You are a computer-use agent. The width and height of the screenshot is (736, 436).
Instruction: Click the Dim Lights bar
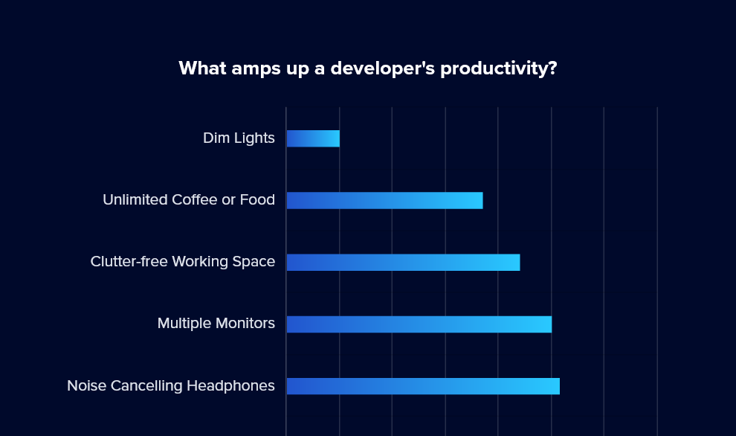[313, 138]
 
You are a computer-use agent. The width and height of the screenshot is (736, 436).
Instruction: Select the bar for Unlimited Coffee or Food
[385, 201]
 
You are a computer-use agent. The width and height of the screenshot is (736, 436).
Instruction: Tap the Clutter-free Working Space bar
[403, 263]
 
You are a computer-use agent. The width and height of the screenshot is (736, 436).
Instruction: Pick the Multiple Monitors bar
[419, 324]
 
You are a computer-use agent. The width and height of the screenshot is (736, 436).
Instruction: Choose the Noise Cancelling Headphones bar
[424, 386]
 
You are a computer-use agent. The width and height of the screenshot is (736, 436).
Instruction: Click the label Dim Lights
[239, 138]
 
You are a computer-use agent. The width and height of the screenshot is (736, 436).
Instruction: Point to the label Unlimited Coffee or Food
[189, 199]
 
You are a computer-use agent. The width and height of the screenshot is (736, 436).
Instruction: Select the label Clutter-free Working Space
[183, 262]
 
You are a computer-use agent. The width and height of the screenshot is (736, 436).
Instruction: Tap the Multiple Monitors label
[216, 323]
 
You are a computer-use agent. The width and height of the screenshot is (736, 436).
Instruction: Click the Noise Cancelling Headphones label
[171, 385]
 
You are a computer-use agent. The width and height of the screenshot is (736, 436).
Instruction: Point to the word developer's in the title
[383, 68]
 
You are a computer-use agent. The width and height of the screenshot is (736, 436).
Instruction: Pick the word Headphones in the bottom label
[231, 385]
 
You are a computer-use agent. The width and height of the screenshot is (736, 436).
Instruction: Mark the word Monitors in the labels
[245, 323]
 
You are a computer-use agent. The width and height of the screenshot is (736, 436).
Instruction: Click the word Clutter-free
[129, 262]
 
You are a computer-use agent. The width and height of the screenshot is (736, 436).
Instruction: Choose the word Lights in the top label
[254, 138]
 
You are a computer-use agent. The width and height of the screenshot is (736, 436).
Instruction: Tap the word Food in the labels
[257, 199]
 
